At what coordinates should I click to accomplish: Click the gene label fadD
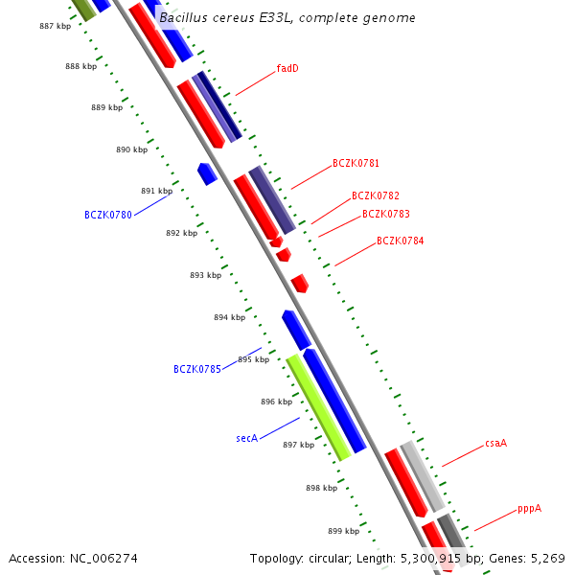click(x=287, y=68)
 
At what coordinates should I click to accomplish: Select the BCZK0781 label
click(x=356, y=164)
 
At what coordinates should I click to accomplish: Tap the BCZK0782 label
click(x=376, y=195)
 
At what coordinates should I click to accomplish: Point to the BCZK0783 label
click(x=385, y=214)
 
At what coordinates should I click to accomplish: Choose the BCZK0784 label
click(x=400, y=241)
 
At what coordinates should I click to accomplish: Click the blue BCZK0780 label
click(x=108, y=215)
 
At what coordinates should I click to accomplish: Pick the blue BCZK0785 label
click(x=197, y=369)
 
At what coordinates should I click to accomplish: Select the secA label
click(x=247, y=438)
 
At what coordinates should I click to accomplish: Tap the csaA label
click(x=495, y=443)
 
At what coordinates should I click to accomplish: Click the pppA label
click(x=529, y=508)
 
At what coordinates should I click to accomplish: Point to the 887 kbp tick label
click(x=55, y=26)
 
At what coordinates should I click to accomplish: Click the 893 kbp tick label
click(x=205, y=275)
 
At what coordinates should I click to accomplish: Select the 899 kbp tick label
click(x=343, y=531)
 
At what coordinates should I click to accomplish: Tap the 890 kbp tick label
click(x=131, y=149)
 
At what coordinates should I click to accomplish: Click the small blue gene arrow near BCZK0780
click(x=207, y=173)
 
